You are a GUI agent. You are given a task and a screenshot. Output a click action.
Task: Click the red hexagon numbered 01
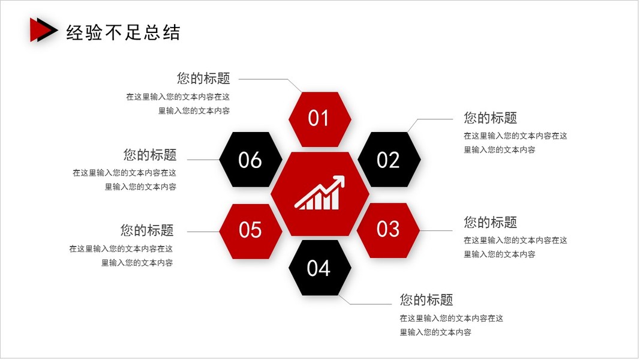319,119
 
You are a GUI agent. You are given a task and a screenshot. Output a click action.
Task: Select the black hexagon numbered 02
389,160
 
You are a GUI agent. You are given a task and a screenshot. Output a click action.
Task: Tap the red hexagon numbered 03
388,229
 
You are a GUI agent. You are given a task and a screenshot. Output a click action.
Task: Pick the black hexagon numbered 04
319,268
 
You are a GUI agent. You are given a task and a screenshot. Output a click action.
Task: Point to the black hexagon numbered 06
251,160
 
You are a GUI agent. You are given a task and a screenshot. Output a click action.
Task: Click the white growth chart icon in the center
320,193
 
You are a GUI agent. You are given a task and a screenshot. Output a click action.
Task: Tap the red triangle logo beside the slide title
40,30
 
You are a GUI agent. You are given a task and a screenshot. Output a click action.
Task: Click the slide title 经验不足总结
123,32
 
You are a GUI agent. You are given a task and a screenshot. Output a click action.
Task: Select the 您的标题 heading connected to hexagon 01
203,79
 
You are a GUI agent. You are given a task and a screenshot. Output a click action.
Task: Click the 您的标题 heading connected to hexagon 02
490,118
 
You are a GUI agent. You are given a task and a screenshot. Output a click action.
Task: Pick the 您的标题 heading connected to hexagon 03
490,223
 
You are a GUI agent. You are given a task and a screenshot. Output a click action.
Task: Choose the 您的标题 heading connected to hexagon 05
147,230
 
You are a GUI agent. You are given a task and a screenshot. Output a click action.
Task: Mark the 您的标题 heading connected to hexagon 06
150,155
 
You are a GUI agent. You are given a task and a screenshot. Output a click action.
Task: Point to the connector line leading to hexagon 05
204,232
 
